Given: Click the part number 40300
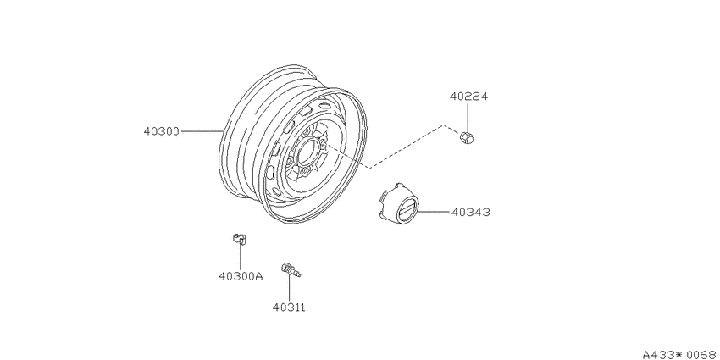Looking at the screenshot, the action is click(161, 131).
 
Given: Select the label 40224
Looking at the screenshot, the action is click(468, 97).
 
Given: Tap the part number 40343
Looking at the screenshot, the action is click(471, 212).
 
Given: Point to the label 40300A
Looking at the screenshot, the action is click(241, 276).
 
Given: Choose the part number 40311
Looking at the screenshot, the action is click(289, 307).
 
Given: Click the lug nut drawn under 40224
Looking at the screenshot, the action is click(467, 137).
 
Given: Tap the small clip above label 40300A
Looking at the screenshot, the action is click(239, 239).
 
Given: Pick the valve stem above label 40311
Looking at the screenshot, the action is click(291, 270).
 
